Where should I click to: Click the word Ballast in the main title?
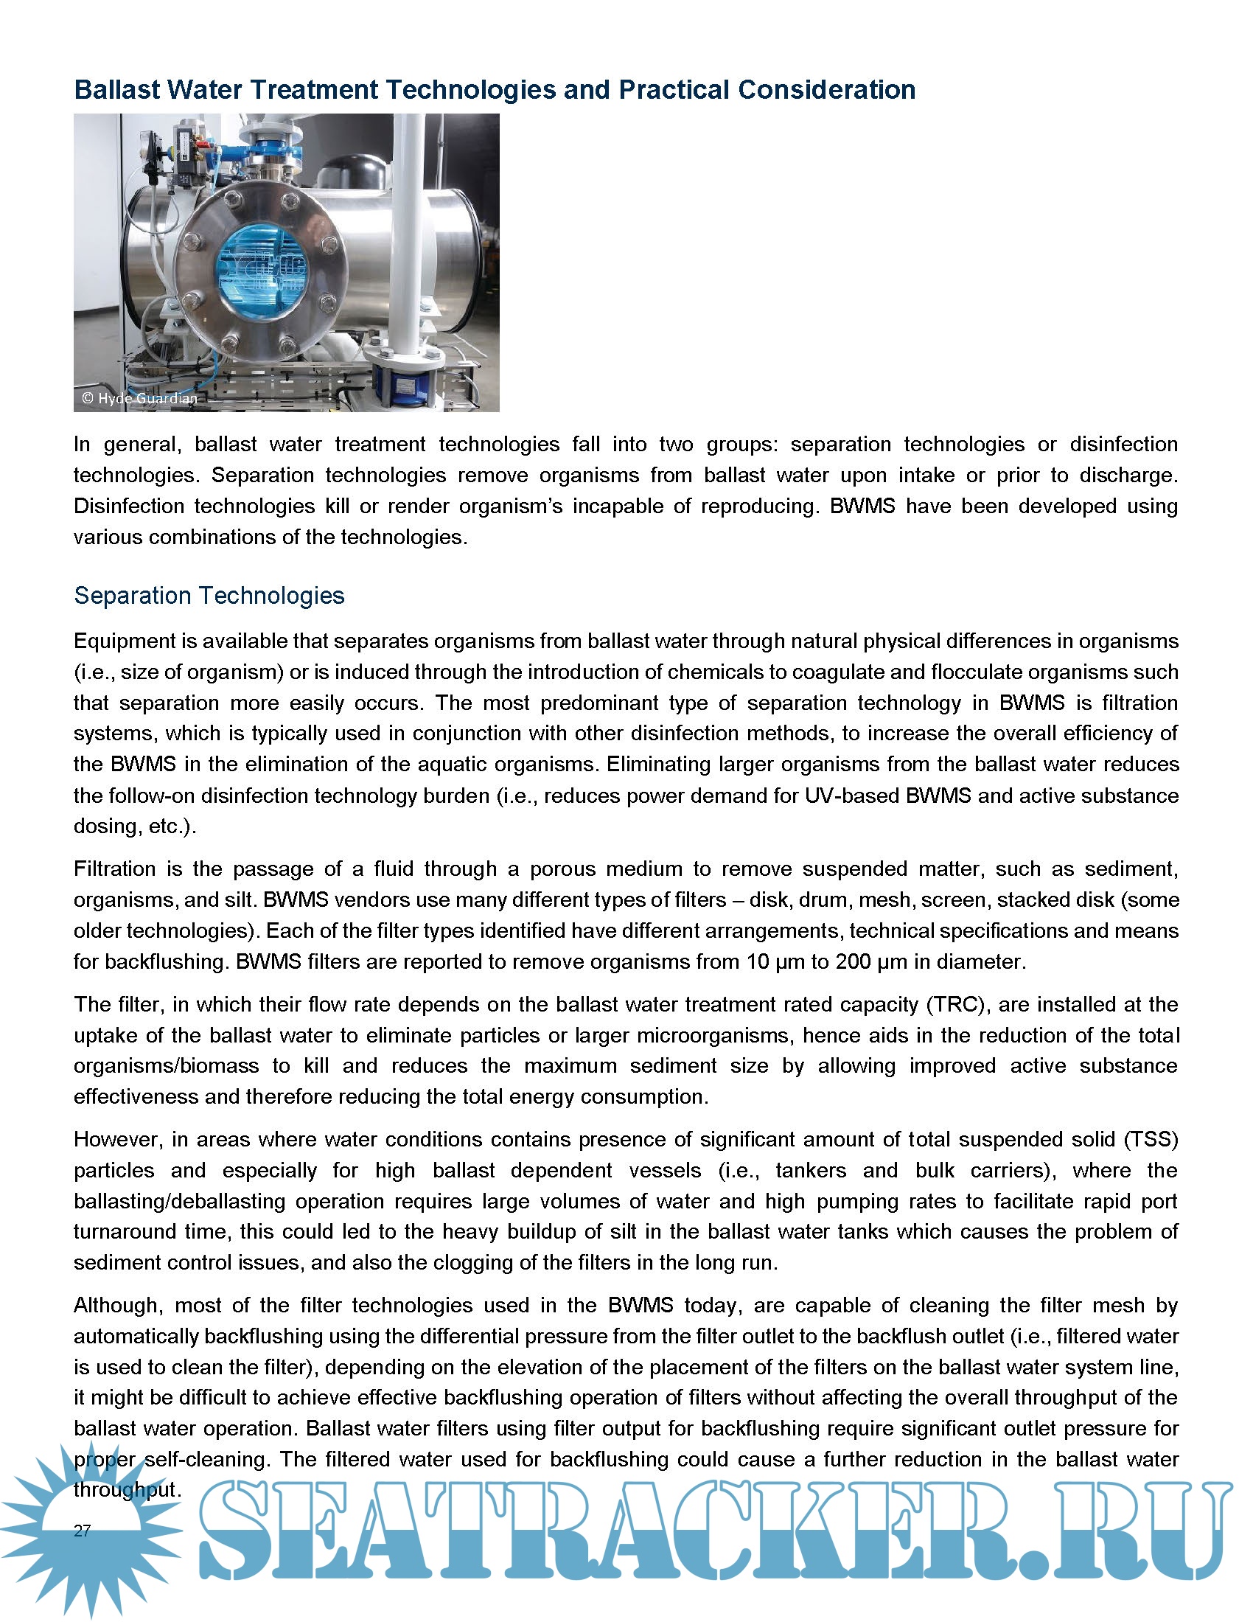116,90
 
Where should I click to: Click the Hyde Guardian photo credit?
140,399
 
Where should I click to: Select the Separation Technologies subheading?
209,596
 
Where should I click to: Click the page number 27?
82,1531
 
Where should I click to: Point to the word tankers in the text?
811,1172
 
